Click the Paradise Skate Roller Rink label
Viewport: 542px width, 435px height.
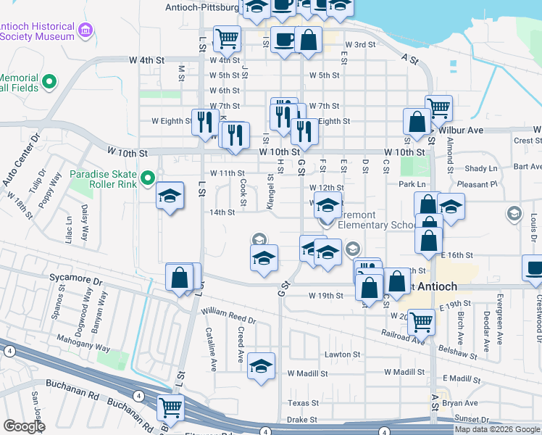[105, 180]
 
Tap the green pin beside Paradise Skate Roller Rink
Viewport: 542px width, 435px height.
[149, 178]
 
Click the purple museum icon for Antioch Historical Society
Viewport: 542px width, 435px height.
[86, 30]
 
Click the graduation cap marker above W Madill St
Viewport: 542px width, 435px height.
[261, 366]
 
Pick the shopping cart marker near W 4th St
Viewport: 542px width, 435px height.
[228, 38]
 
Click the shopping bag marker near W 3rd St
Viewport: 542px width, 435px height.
[309, 41]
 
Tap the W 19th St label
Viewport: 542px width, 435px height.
[325, 296]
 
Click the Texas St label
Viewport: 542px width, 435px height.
[303, 403]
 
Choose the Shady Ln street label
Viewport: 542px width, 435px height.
[482, 168]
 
